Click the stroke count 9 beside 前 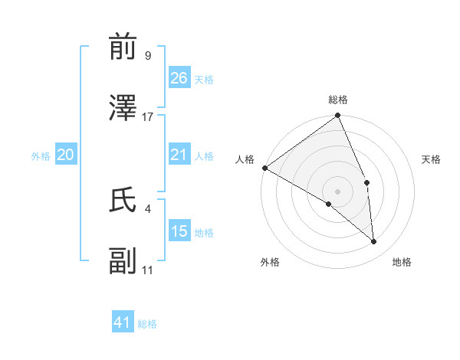tap(147, 55)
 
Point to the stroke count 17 tap(148, 116)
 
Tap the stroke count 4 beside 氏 tap(147, 208)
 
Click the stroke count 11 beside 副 tap(147, 270)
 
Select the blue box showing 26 tap(179, 78)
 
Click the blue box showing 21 tap(179, 155)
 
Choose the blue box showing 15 tap(179, 231)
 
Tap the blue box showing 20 tap(66, 155)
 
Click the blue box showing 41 tap(123, 322)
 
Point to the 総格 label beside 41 tap(147, 324)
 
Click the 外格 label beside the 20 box tap(41, 156)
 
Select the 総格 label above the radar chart tap(337, 100)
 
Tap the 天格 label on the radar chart tap(432, 159)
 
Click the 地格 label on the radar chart tap(402, 262)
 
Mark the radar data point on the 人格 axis tap(264, 168)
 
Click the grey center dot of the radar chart tap(337, 191)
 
